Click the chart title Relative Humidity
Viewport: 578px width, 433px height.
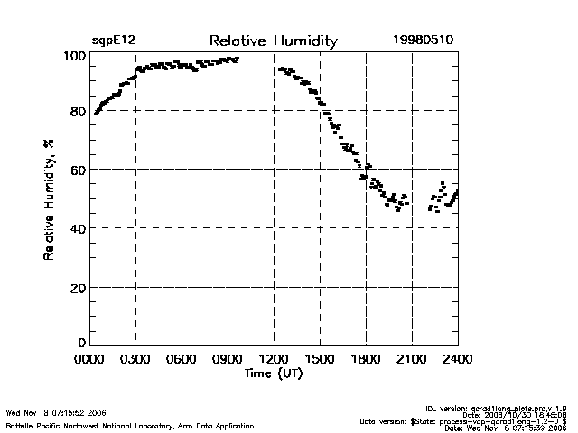click(x=273, y=41)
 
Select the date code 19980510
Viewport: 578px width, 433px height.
click(x=424, y=41)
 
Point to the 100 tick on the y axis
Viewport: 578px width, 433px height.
click(x=75, y=56)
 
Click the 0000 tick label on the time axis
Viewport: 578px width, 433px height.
click(x=89, y=360)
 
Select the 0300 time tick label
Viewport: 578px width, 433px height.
click(x=135, y=360)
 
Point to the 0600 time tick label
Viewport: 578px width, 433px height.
click(x=182, y=360)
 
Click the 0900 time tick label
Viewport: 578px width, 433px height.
click(x=228, y=360)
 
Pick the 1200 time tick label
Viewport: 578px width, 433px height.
click(x=274, y=360)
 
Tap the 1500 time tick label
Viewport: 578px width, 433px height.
click(x=320, y=360)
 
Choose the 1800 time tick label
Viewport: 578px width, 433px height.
click(x=366, y=360)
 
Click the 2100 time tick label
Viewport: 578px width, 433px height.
click(x=412, y=360)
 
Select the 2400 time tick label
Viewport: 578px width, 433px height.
click(x=458, y=360)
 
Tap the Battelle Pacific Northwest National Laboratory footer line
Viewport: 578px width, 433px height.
click(x=130, y=426)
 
